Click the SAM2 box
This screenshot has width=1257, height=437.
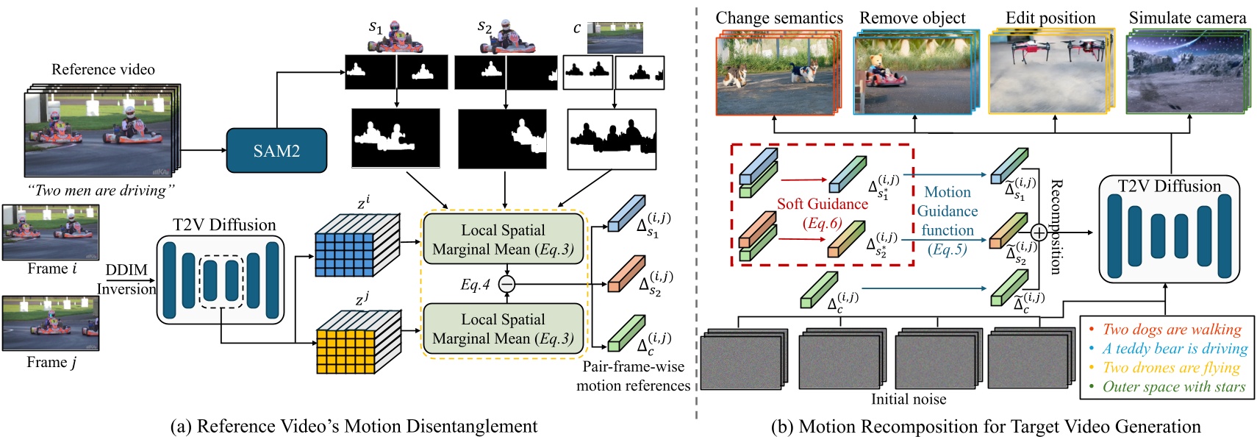(x=276, y=151)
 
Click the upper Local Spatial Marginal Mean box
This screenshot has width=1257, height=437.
(x=504, y=239)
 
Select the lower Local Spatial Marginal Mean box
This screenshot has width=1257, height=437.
(x=504, y=329)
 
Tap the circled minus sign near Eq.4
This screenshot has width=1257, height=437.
(x=506, y=284)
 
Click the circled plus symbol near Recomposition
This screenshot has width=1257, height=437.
(x=1039, y=233)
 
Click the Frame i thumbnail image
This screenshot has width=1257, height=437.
(x=51, y=232)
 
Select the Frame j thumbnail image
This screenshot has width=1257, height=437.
(x=51, y=323)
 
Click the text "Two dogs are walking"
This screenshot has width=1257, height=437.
(x=1172, y=330)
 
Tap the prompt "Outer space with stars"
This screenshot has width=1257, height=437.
(x=1174, y=387)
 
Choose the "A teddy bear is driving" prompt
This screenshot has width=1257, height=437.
(x=1175, y=349)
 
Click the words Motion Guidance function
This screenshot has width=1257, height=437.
(x=948, y=211)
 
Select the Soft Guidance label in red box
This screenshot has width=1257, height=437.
(x=822, y=205)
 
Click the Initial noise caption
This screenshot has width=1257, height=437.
(x=909, y=399)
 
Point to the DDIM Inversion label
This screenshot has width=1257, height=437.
(x=126, y=280)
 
